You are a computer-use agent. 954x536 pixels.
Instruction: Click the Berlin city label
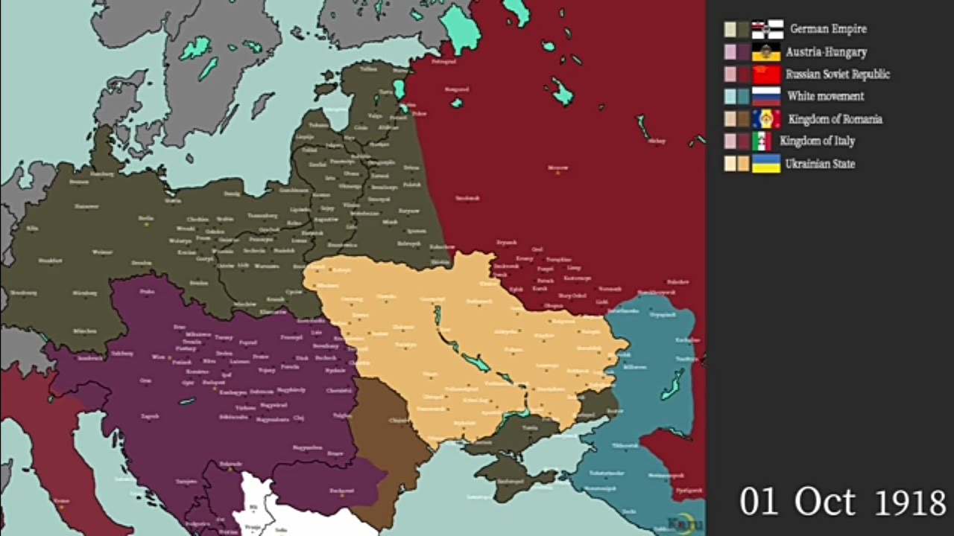(146, 218)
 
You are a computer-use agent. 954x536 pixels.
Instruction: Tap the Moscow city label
(557, 168)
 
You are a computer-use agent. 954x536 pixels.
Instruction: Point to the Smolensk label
(467, 198)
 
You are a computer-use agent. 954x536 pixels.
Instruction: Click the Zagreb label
(150, 416)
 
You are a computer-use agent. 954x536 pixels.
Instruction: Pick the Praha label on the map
(147, 292)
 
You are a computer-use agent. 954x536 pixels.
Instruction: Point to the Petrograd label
(443, 62)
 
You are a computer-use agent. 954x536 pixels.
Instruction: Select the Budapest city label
(214, 382)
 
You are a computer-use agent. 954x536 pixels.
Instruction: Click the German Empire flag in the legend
(767, 29)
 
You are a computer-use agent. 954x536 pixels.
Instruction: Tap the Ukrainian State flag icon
(766, 164)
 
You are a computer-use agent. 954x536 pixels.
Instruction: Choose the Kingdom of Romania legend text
(835, 119)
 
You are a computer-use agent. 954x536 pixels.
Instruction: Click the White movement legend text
(826, 96)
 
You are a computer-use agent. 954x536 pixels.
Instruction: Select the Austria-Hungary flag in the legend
(766, 52)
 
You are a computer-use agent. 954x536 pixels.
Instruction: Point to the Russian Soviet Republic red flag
(766, 74)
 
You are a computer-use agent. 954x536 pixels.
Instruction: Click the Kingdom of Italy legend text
(818, 141)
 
